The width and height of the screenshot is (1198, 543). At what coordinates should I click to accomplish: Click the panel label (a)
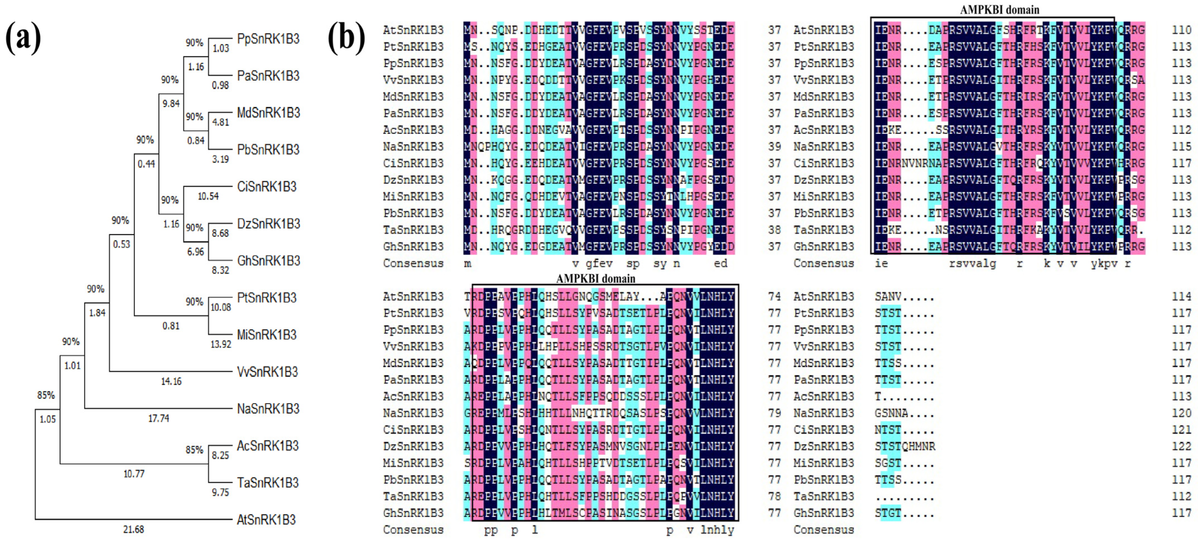tap(23, 38)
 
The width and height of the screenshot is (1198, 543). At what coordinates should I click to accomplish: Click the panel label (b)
tap(346, 38)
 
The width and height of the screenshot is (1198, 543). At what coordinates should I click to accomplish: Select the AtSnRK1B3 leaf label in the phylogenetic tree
tap(266, 519)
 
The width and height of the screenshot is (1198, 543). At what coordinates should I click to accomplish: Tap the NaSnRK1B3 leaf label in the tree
tap(268, 409)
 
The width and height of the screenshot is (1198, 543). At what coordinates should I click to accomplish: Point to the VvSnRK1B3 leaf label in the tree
tap(267, 371)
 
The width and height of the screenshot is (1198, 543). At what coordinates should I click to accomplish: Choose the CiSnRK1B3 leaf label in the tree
tap(266, 187)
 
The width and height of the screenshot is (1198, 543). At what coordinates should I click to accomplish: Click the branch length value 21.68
tap(134, 529)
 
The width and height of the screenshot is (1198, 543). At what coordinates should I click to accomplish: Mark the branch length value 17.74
tap(158, 418)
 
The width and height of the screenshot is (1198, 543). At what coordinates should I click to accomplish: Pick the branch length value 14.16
tap(171, 381)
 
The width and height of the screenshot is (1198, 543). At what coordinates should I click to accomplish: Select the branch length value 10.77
tap(134, 474)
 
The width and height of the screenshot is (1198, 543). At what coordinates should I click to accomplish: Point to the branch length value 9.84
tap(171, 103)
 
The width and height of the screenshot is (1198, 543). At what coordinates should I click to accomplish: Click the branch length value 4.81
tap(221, 122)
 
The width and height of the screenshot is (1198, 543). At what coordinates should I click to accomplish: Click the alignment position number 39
tap(774, 147)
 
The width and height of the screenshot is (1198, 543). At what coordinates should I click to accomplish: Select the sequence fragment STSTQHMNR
tap(905, 446)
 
